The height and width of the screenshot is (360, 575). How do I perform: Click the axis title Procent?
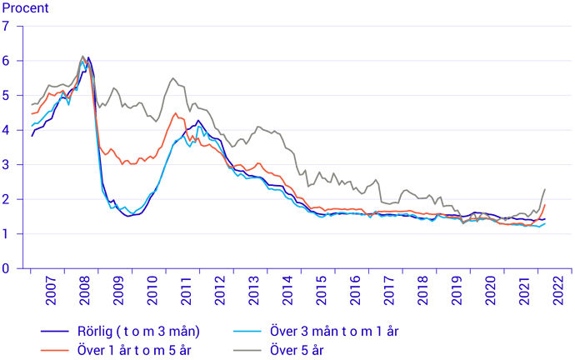coord(26,8)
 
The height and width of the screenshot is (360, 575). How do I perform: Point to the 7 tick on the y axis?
coord(7,26)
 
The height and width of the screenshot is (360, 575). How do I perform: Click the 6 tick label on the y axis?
coord(7,61)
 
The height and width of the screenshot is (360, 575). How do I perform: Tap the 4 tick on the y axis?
coord(7,130)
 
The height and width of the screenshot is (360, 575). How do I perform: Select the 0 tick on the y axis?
coord(7,268)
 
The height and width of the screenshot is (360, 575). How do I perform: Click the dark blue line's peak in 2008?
coord(88,57)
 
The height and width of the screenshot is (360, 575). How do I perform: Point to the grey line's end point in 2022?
coord(545,189)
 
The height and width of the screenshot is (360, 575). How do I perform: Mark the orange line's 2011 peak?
coord(175,113)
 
